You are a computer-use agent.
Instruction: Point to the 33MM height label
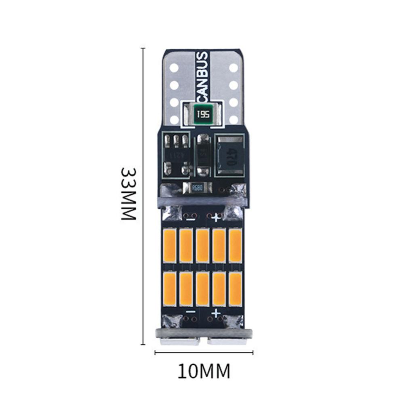click(x=129, y=194)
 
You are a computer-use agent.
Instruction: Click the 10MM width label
click(x=204, y=371)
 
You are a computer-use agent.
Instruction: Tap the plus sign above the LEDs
click(x=216, y=218)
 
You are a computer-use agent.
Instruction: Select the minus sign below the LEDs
click(x=189, y=313)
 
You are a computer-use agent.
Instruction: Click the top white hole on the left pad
click(x=173, y=67)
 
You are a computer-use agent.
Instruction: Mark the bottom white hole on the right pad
click(x=234, y=119)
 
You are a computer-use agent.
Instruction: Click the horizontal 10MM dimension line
click(x=204, y=353)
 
